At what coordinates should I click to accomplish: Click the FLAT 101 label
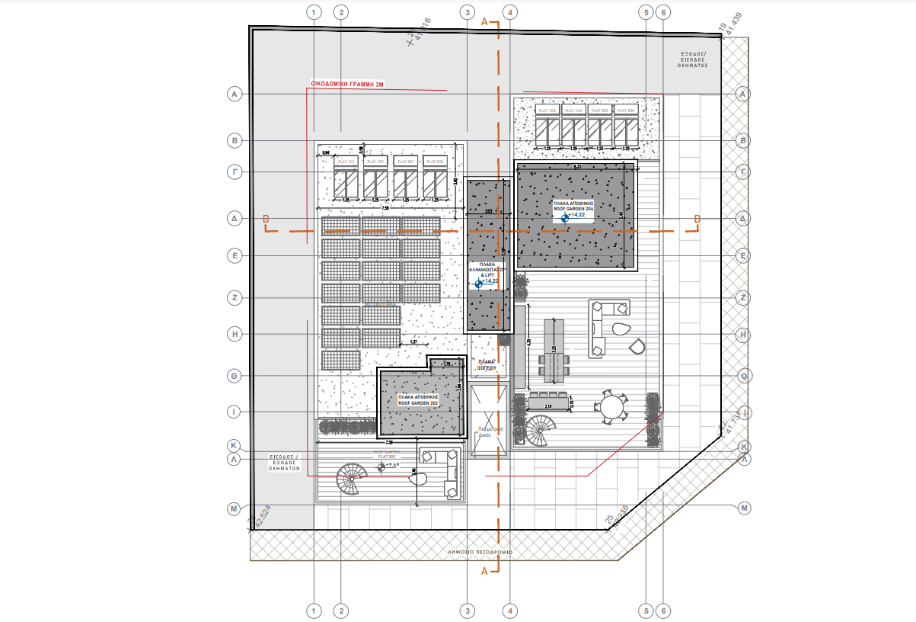click(346, 162)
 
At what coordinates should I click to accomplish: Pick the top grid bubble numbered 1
click(313, 12)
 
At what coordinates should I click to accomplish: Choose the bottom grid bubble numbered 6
click(663, 611)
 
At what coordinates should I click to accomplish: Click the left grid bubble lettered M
click(235, 508)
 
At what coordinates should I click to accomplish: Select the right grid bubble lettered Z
click(743, 298)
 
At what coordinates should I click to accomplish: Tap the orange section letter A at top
click(485, 23)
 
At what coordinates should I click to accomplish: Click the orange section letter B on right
click(696, 220)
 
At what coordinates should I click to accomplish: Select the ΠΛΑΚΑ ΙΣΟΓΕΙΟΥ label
click(487, 364)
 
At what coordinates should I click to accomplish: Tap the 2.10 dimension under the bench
click(549, 406)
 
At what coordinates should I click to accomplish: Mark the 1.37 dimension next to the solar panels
click(413, 341)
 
